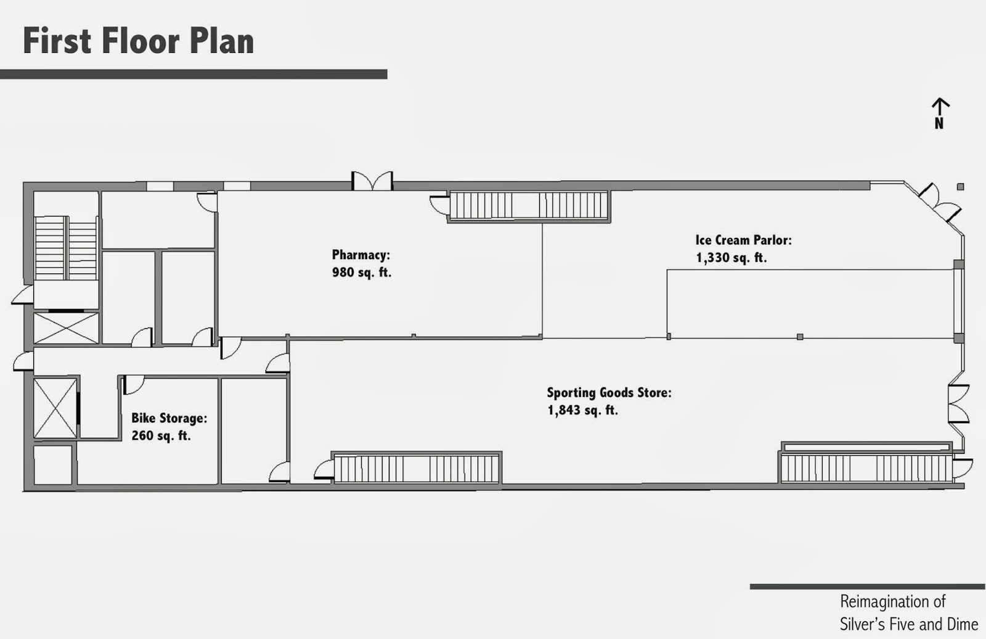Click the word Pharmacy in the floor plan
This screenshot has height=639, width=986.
[360, 255]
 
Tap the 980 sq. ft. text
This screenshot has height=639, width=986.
[361, 272]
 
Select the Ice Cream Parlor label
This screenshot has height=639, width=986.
[743, 240]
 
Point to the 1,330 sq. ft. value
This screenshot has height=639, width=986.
[731, 258]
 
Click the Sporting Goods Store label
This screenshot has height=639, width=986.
[608, 392]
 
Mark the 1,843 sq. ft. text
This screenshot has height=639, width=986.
[582, 410]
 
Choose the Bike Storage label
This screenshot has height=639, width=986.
[168, 418]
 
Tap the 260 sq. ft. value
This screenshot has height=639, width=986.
[160, 435]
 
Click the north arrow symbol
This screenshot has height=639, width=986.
[939, 106]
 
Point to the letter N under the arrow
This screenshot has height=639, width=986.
[939, 123]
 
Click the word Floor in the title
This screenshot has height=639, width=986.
[140, 41]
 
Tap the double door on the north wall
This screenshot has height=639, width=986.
[372, 181]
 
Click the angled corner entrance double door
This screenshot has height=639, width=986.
[940, 202]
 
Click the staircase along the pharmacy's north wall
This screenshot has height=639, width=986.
[529, 205]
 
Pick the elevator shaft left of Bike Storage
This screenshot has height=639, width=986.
[55, 408]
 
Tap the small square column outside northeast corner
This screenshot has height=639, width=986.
[960, 187]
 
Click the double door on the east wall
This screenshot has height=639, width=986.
[959, 403]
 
